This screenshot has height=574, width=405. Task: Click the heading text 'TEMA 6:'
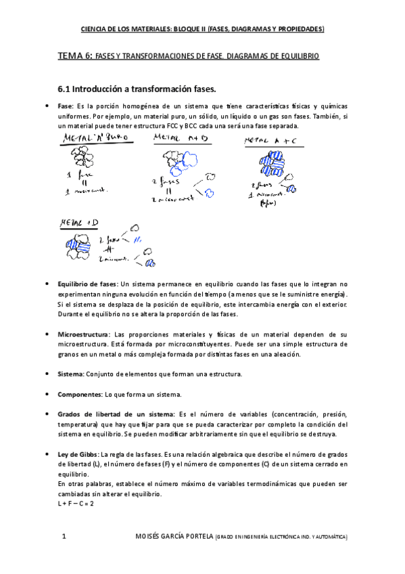click(x=75, y=58)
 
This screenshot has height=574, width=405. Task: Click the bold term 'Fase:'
click(x=66, y=107)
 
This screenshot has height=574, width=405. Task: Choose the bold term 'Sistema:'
click(x=71, y=374)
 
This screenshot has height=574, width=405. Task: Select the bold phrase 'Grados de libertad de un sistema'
click(x=116, y=414)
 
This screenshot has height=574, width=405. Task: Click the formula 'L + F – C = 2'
click(x=76, y=504)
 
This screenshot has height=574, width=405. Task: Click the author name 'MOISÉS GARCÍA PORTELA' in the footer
click(x=174, y=537)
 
